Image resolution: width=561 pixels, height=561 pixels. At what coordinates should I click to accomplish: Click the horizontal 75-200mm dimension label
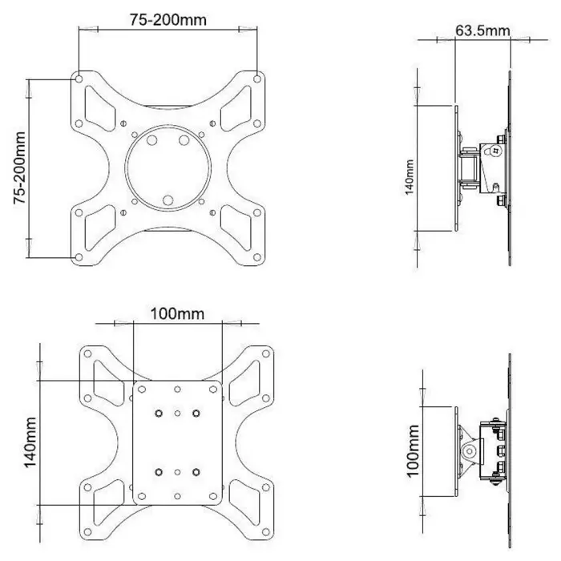pos(167,20)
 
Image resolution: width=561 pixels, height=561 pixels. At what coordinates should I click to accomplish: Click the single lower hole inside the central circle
pos(167,200)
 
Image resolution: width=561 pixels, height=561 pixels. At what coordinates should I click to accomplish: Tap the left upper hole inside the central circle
pos(152,140)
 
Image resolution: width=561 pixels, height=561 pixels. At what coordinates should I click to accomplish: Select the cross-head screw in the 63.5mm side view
pos(495,150)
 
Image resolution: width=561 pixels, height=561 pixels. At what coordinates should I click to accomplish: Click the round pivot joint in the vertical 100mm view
pos(470,452)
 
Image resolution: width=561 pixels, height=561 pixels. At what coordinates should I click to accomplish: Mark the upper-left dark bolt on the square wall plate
pos(159,413)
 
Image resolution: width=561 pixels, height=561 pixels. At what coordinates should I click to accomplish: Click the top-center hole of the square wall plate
pos(177,389)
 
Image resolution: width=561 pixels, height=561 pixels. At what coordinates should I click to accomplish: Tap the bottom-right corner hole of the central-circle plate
pos(256,257)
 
